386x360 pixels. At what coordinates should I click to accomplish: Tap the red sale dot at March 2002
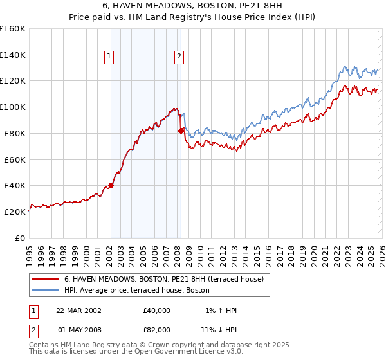pyautogui.click(x=111, y=185)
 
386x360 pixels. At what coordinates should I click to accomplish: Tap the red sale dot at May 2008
pyautogui.click(x=181, y=130)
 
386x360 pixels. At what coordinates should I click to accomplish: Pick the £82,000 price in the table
pyautogui.click(x=158, y=331)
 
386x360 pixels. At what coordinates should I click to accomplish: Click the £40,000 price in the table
pyautogui.click(x=158, y=310)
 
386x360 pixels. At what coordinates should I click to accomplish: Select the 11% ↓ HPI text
pyautogui.click(x=218, y=331)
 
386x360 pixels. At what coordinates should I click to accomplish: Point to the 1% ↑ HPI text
pyautogui.click(x=219, y=310)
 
